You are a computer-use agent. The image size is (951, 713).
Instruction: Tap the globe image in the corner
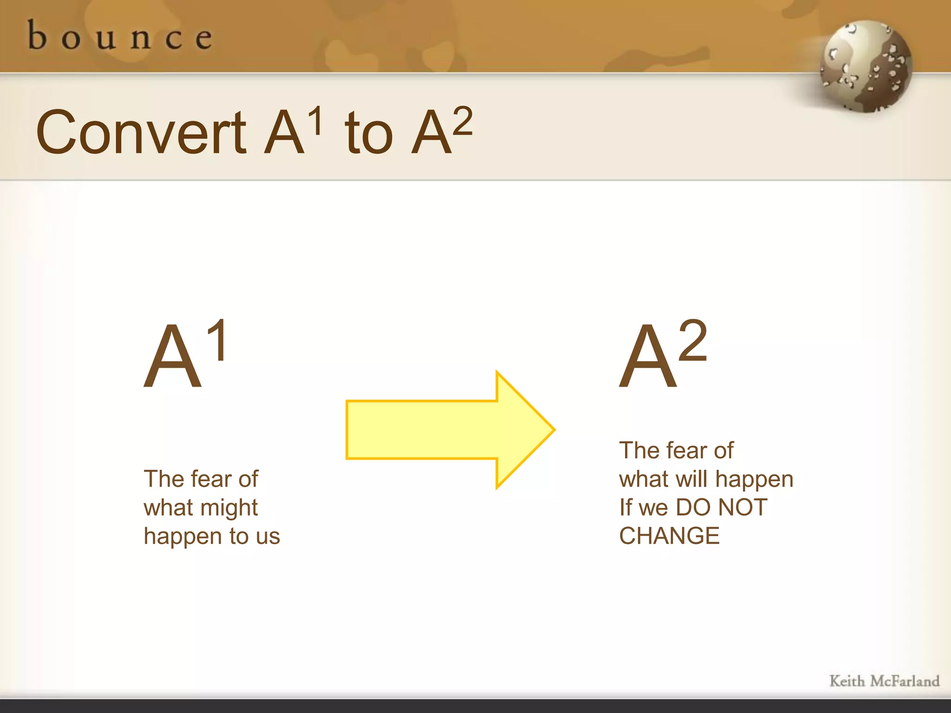pyautogui.click(x=866, y=66)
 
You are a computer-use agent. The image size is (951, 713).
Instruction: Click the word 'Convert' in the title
pyautogui.click(x=141, y=133)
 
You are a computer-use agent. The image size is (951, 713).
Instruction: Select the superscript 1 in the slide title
pyautogui.click(x=316, y=121)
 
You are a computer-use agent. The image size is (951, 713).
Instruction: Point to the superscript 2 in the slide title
pyautogui.click(x=462, y=121)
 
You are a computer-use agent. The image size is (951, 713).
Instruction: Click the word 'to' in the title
pyautogui.click(x=369, y=135)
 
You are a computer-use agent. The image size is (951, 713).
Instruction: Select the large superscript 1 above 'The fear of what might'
pyautogui.click(x=217, y=340)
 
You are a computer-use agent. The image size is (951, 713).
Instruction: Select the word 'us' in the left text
pyautogui.click(x=268, y=537)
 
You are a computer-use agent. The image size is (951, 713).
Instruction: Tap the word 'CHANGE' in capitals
pyautogui.click(x=669, y=536)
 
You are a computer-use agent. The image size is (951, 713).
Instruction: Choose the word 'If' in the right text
pyautogui.click(x=625, y=507)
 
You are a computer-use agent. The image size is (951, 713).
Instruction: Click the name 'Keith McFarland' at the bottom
pyautogui.click(x=884, y=681)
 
